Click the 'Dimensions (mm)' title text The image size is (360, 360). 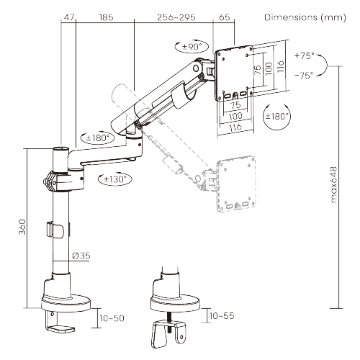305,17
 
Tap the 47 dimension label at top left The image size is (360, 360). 69,17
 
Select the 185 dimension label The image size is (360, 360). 106,17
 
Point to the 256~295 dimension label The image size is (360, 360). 176,17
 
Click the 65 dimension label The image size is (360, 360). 225,17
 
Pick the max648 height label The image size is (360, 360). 334,185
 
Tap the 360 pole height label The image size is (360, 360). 22,227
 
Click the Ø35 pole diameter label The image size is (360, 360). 81,256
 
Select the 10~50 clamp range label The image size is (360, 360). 112,318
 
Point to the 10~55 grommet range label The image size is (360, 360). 222,316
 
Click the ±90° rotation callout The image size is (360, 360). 192,46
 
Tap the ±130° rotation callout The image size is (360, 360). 115,179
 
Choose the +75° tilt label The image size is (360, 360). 305,55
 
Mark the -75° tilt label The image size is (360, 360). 305,76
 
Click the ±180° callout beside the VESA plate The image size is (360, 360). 276,117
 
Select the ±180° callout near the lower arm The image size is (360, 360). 97,138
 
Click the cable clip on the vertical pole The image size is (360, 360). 55,230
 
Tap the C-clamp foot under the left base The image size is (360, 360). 60,322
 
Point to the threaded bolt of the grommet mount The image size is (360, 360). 170,321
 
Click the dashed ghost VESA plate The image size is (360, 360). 235,184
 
